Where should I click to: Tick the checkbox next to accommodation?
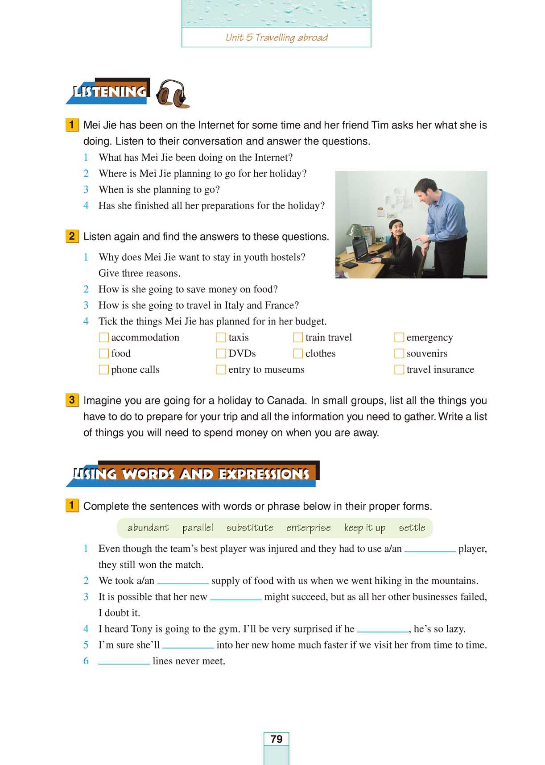(x=103, y=337)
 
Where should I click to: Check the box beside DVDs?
(x=221, y=353)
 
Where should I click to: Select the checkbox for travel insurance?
(x=399, y=370)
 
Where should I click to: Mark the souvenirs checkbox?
(x=399, y=353)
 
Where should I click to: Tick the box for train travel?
(x=298, y=337)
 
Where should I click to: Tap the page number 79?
(x=277, y=739)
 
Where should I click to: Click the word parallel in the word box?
(x=198, y=528)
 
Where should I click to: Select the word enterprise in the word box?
(x=308, y=528)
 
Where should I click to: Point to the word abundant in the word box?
(x=148, y=528)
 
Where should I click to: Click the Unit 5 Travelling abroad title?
(x=277, y=37)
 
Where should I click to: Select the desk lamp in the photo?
(x=355, y=232)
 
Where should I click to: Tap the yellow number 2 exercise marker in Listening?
(x=72, y=236)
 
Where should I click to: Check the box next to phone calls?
(x=103, y=370)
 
